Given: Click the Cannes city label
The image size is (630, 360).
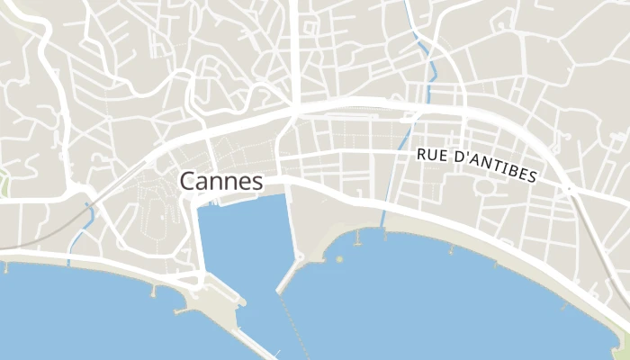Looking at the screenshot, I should tap(221, 181).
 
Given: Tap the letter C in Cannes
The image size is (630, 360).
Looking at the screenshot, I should tap(187, 181).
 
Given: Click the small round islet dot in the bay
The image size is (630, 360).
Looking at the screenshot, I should tap(340, 259).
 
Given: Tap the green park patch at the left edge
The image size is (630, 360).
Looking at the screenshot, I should tap(3, 182).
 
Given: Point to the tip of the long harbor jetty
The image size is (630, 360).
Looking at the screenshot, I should tap(279, 291).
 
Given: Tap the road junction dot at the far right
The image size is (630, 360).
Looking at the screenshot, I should tap(570, 188).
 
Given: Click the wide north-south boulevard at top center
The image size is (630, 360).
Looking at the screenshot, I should tap(293, 45).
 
